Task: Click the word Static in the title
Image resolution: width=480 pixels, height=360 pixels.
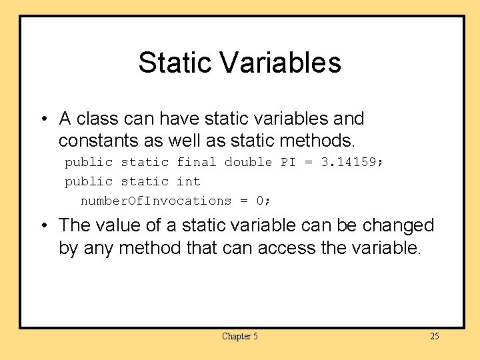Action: coord(175,63)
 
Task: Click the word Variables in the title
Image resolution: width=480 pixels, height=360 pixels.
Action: coord(279,63)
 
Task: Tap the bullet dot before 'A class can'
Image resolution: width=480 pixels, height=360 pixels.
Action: coord(43,119)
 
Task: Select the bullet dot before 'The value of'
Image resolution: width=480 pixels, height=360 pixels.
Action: coord(43,226)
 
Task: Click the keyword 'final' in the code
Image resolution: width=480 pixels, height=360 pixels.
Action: coord(196,162)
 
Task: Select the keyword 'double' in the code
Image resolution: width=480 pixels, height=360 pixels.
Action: coord(248,162)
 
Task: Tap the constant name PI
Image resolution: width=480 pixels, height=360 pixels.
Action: coord(288,162)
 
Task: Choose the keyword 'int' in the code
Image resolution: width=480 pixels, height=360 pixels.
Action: coord(188,181)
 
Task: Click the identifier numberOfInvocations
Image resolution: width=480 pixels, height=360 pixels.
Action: coord(155,201)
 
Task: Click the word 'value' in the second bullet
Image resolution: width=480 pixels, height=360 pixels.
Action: coord(119,225)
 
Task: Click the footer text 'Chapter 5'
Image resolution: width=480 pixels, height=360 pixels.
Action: coord(239,336)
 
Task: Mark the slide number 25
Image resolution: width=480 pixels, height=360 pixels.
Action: coord(434,336)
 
